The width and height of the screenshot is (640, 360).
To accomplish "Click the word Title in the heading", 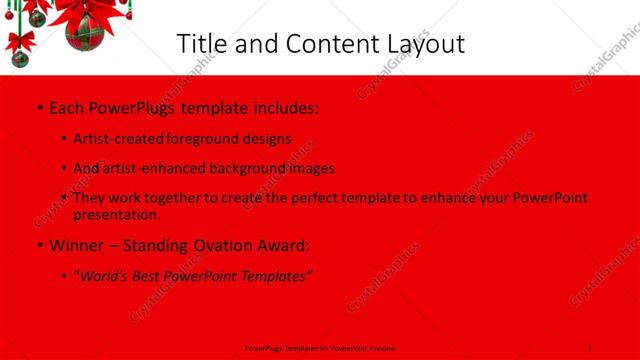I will click(x=200, y=44).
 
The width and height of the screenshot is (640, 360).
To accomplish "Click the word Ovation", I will click(x=219, y=244).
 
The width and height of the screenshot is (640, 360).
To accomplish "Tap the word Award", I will click(x=283, y=244).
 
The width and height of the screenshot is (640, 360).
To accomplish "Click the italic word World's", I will click(x=104, y=275).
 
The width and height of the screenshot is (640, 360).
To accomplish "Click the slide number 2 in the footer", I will click(x=590, y=348).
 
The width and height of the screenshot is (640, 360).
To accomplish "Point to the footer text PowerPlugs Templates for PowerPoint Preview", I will click(x=320, y=348).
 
